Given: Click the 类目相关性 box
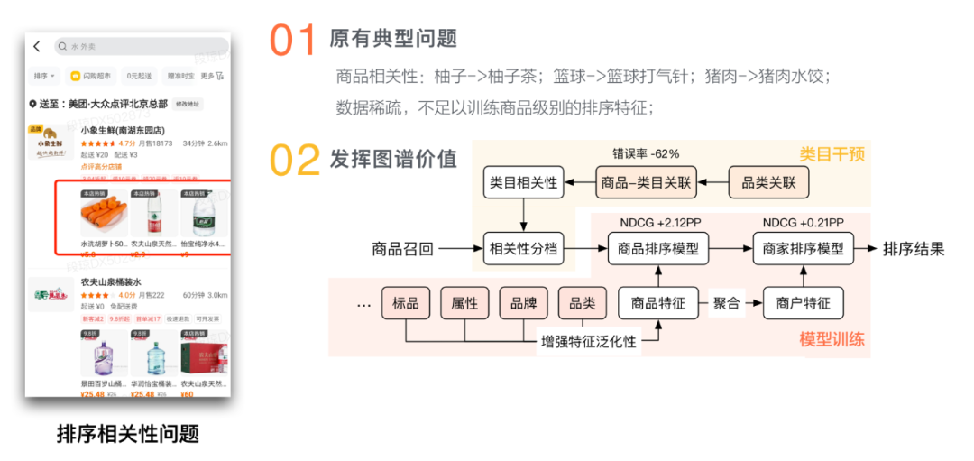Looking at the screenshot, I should tap(523, 183).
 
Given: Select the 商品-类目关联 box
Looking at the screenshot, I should tap(647, 183).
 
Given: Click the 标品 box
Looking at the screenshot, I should tap(406, 303).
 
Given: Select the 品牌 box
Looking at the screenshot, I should tap(523, 303).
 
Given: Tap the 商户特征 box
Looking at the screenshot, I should tap(803, 303).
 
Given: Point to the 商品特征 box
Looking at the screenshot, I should tap(657, 303).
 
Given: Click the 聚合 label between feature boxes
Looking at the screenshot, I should tap(727, 303).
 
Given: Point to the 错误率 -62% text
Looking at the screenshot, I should tap(646, 153).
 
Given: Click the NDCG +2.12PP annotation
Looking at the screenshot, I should tap(658, 222).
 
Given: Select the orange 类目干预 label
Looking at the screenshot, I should tap(832, 154).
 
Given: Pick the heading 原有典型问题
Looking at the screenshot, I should tap(393, 38).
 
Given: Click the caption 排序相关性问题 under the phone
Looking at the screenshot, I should tap(127, 434).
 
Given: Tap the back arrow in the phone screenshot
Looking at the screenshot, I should tap(37, 46).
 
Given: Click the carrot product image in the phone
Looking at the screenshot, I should tap(103, 217).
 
